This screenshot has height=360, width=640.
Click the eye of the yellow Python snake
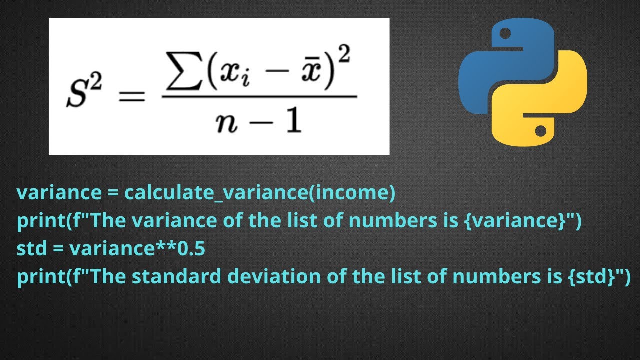540,132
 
